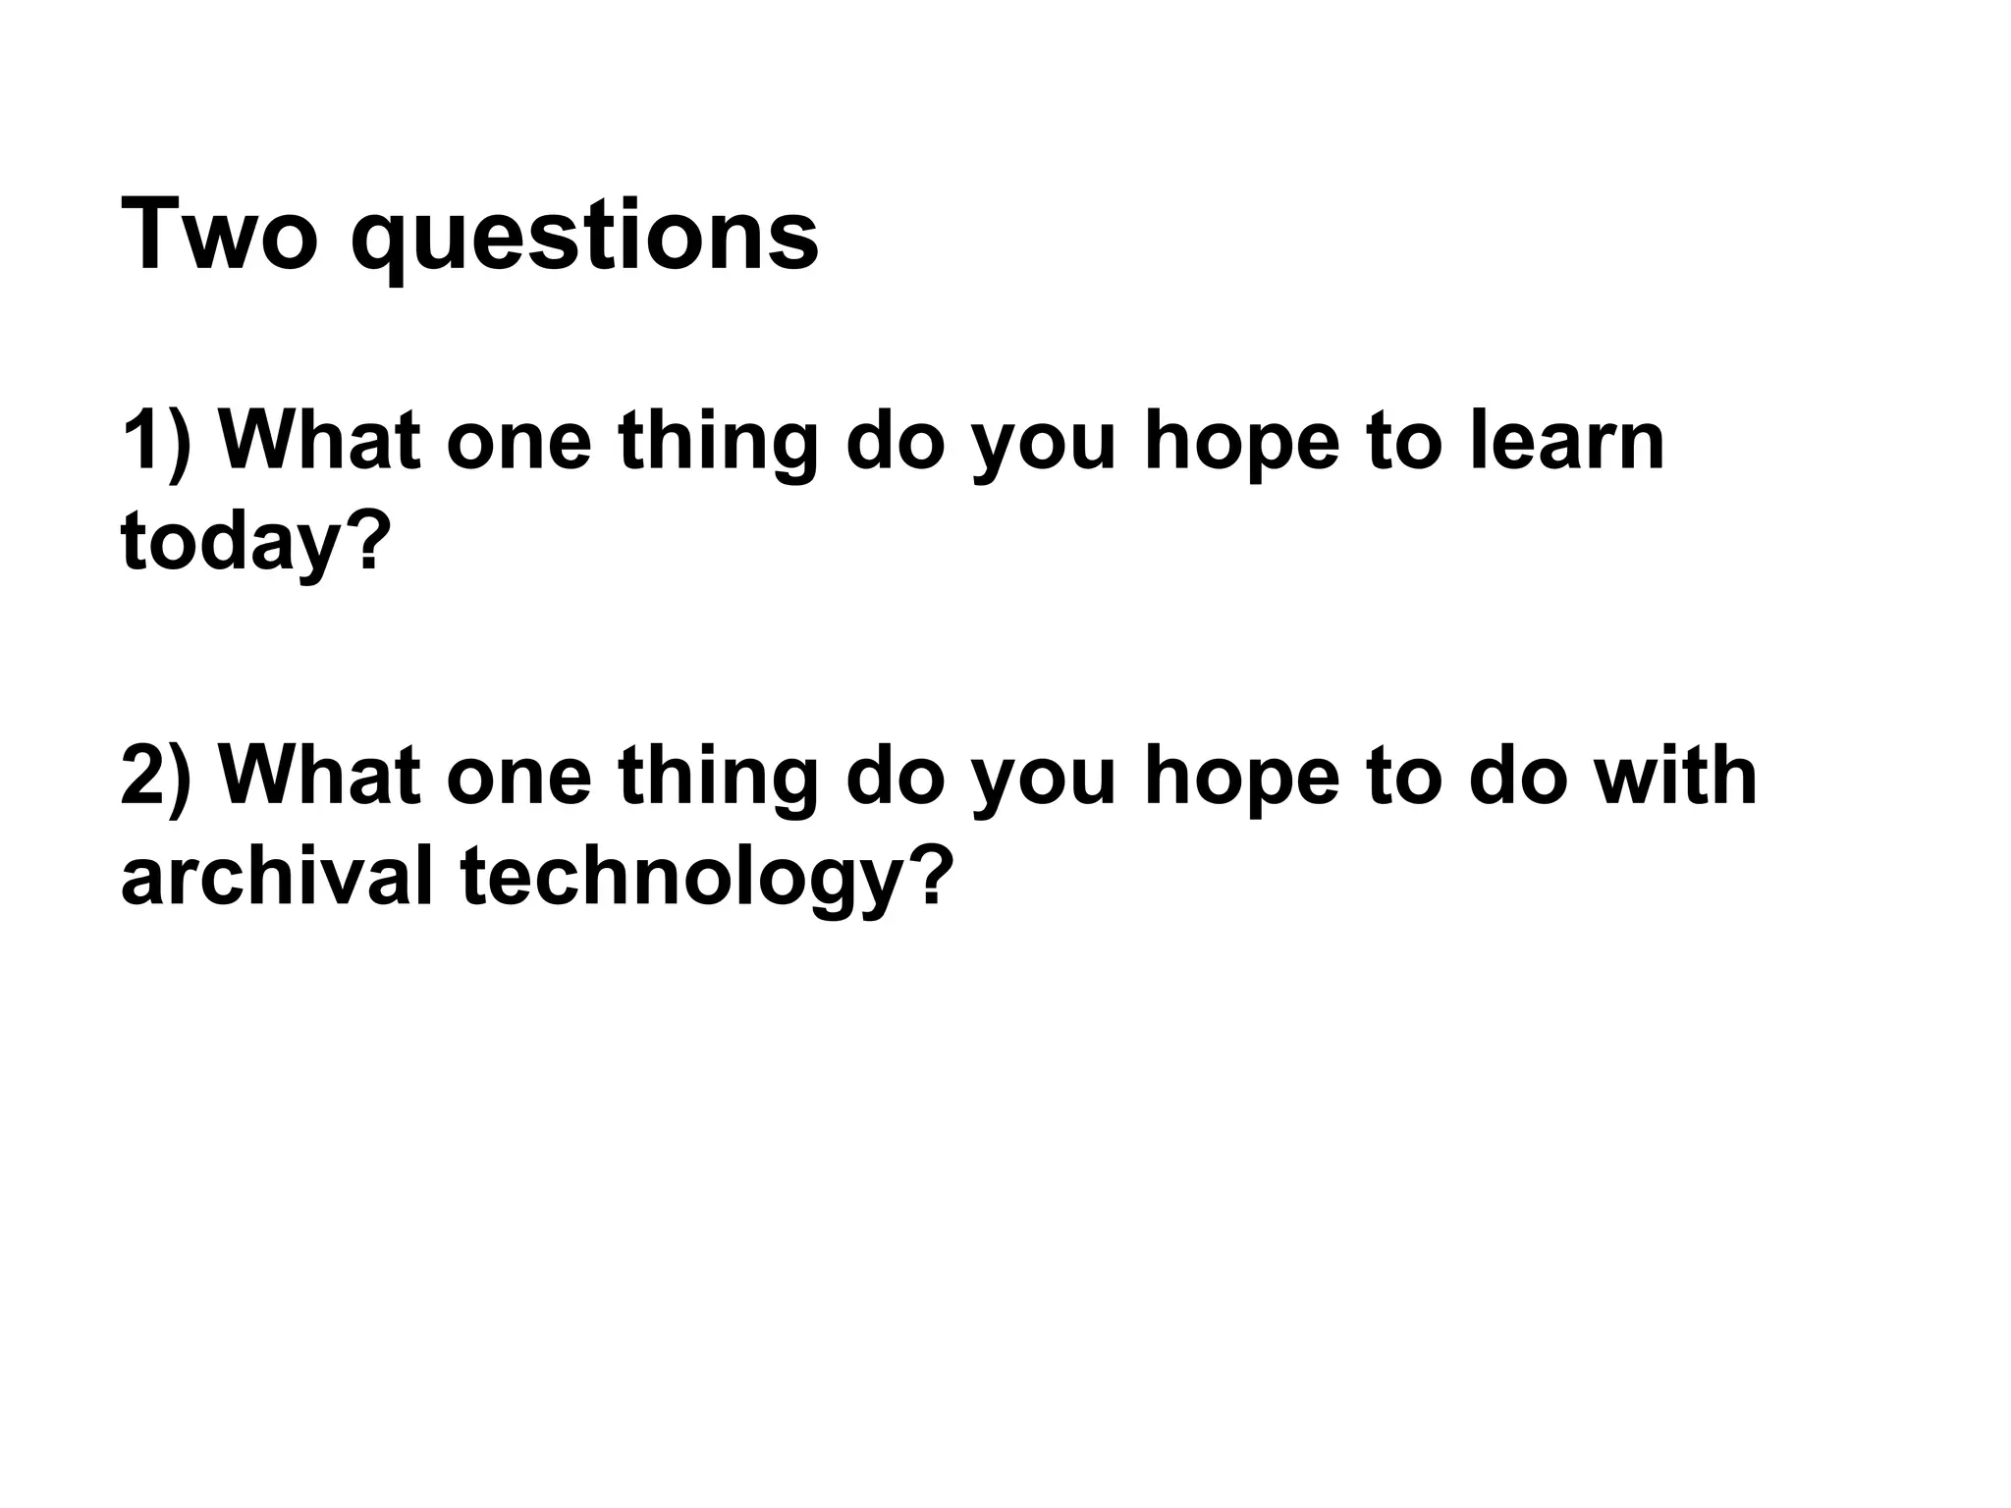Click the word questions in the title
584,241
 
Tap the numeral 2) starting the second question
157,777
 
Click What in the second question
320,777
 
